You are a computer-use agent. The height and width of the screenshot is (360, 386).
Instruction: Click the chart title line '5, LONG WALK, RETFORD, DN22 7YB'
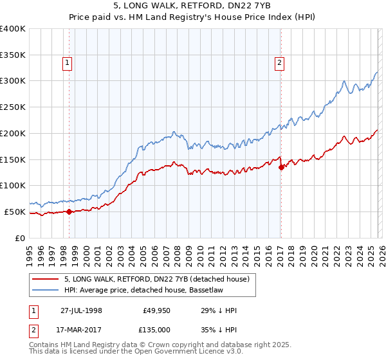pyautogui.click(x=192, y=6)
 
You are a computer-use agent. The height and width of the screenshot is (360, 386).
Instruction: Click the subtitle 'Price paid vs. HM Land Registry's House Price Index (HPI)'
pyautogui.click(x=192, y=17)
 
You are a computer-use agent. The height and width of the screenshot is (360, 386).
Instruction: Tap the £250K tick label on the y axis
pyautogui.click(x=13, y=107)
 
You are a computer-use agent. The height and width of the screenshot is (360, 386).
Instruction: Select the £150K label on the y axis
pyautogui.click(x=13, y=159)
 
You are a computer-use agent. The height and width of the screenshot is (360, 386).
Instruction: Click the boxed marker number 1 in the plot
pyautogui.click(x=68, y=62)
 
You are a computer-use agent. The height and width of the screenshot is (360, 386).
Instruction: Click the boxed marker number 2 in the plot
pyautogui.click(x=280, y=62)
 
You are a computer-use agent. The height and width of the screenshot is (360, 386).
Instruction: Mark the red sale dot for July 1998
pyautogui.click(x=69, y=212)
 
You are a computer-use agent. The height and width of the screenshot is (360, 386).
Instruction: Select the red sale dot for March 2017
pyautogui.click(x=281, y=167)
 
